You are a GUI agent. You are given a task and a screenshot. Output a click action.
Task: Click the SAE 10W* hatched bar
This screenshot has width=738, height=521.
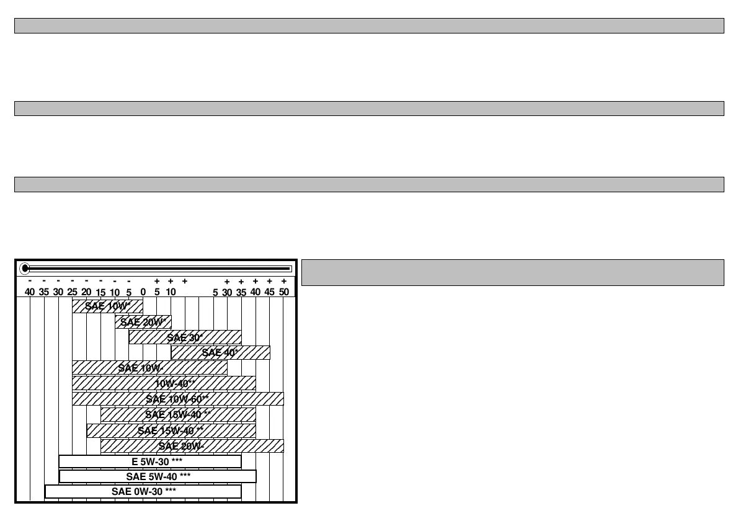click(x=107, y=306)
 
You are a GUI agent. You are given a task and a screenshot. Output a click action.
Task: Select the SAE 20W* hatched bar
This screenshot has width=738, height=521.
click(x=143, y=322)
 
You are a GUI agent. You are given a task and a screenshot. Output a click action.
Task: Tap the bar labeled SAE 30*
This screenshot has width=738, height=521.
click(x=185, y=337)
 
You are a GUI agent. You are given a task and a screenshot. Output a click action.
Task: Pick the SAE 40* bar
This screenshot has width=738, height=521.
click(x=220, y=352)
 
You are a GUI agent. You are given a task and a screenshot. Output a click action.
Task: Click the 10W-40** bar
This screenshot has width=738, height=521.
click(x=164, y=383)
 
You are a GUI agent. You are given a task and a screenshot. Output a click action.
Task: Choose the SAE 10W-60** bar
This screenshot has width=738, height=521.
click(x=177, y=398)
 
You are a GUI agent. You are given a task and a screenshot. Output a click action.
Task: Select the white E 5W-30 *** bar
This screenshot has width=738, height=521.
click(x=149, y=461)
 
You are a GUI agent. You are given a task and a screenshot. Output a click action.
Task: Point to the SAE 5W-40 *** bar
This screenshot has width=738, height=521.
click(x=158, y=476)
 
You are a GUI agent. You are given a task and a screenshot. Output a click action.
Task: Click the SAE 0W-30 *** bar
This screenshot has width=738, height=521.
click(x=143, y=491)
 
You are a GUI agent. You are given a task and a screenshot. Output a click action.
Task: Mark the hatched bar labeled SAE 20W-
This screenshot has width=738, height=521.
click(x=192, y=445)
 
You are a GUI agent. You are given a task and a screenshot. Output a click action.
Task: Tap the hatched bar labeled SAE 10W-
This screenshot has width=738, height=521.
click(x=149, y=368)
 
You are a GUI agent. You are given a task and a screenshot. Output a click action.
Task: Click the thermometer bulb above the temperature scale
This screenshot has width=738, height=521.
click(x=25, y=269)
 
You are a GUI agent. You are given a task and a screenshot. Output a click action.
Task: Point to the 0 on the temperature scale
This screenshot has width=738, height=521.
click(x=143, y=292)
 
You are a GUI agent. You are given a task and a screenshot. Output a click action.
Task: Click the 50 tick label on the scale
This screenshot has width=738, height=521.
click(x=284, y=292)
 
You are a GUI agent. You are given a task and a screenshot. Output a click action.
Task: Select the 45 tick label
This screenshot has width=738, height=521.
click(x=270, y=292)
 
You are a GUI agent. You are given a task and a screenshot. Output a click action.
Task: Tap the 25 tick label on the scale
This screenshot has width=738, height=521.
click(x=72, y=292)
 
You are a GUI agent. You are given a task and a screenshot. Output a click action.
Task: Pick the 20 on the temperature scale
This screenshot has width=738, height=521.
click(x=86, y=292)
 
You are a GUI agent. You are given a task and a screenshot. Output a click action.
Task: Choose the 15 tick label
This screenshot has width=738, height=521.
click(x=100, y=292)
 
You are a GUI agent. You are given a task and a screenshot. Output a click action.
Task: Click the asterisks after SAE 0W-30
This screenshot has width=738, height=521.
click(x=171, y=491)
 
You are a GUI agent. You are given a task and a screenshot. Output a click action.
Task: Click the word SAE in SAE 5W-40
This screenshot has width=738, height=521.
click(x=135, y=476)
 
